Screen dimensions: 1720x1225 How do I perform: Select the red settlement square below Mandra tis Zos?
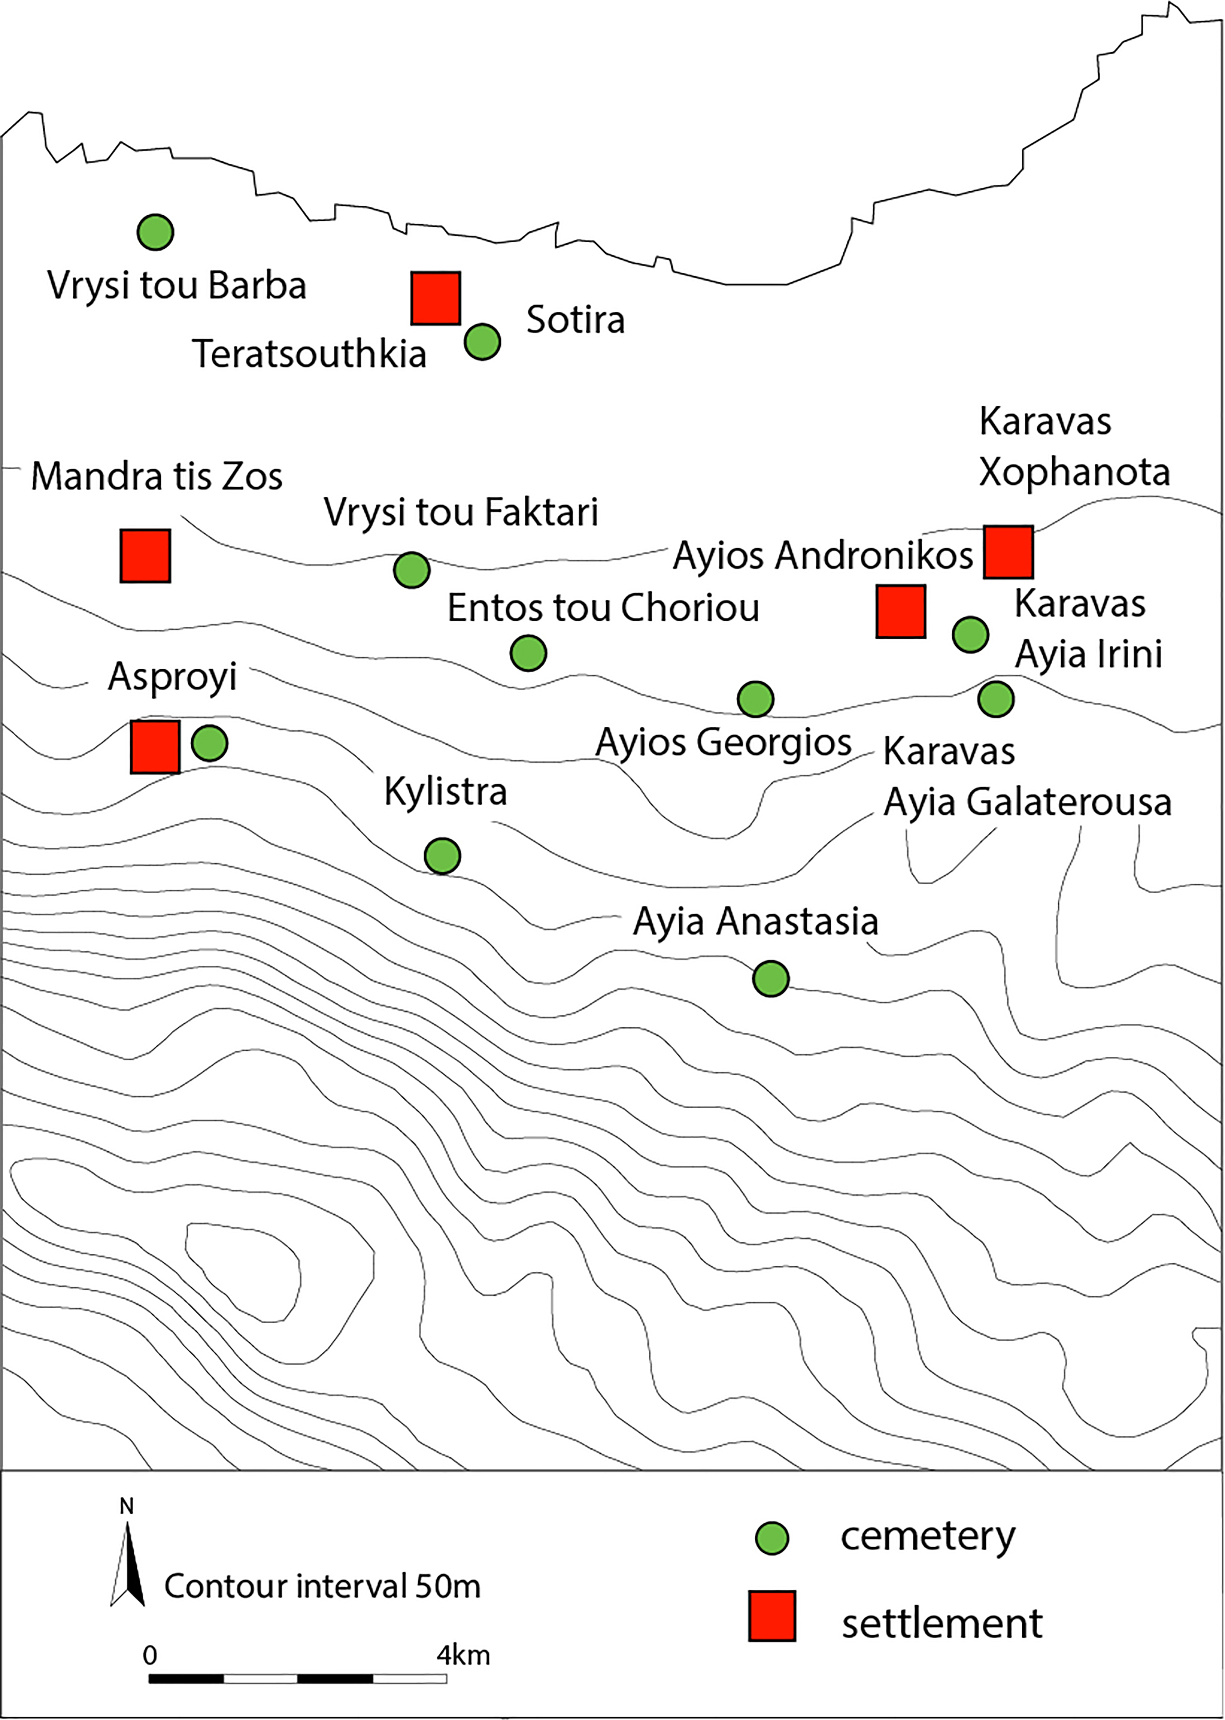(x=145, y=556)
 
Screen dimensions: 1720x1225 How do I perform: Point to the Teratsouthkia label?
(x=309, y=354)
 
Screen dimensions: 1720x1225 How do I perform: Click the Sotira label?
(x=576, y=320)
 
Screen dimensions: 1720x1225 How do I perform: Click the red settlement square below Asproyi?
(x=155, y=747)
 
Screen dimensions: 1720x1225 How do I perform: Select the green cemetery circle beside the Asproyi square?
(x=210, y=743)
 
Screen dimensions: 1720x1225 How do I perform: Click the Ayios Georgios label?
(x=724, y=742)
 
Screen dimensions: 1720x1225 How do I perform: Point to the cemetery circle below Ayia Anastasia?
(x=771, y=979)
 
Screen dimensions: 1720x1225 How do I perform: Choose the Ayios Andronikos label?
(x=823, y=556)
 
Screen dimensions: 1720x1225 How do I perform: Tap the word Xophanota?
(x=1074, y=472)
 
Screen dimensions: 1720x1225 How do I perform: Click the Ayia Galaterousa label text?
(x=1027, y=802)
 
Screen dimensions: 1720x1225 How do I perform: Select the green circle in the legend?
(x=772, y=1538)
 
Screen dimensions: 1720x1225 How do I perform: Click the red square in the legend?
(x=772, y=1617)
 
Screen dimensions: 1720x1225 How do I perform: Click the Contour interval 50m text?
(x=322, y=1586)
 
